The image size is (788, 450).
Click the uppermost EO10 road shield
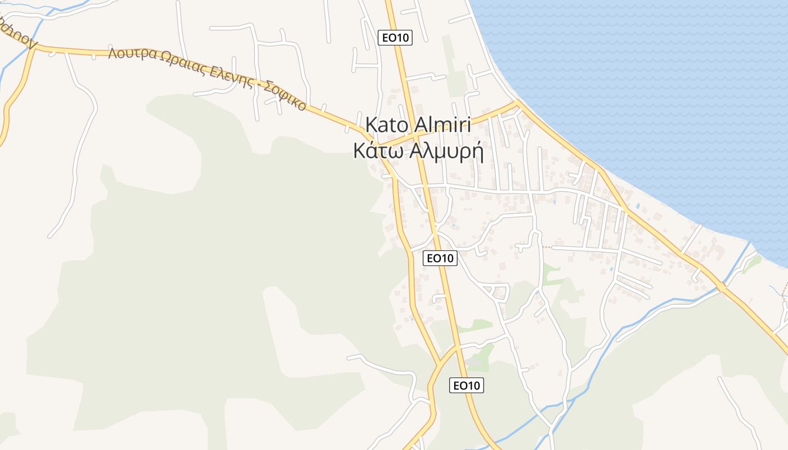click(x=395, y=38)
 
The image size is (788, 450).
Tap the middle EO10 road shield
click(x=440, y=258)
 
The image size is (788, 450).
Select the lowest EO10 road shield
click(x=467, y=385)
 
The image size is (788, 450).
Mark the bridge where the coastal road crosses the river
click(x=722, y=287)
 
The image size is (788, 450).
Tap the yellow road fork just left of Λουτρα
click(x=34, y=48)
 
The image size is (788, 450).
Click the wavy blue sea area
click(x=647, y=84)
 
